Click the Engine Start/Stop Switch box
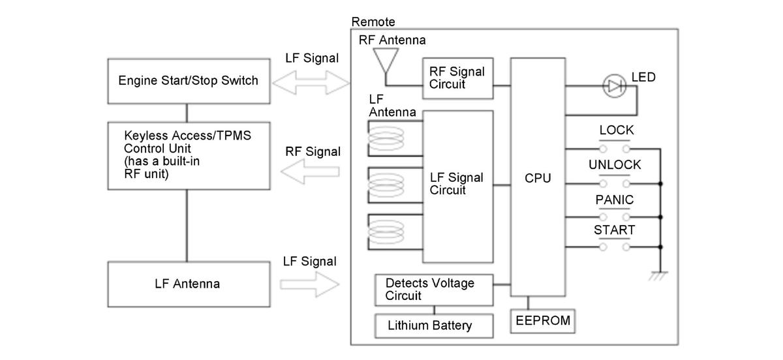pos(189,82)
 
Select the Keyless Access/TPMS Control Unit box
pos(189,155)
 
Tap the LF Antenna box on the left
pos(189,284)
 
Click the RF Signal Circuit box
pos(457,78)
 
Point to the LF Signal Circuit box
pos(457,184)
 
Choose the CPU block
pos(538,177)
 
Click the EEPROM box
pos(542,320)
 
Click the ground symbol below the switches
pos(660,277)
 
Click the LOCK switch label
pos(617,130)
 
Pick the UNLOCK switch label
pos(615,165)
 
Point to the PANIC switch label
pos(615,200)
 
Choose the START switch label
pos(615,230)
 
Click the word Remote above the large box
pos(373,22)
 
